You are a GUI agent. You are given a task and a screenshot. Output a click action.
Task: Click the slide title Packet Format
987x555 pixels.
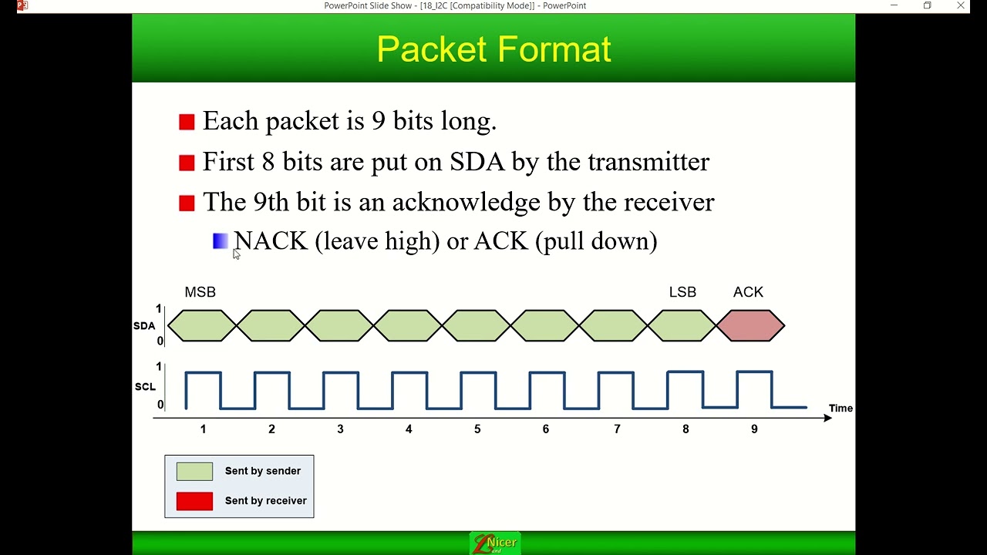pyautogui.click(x=493, y=49)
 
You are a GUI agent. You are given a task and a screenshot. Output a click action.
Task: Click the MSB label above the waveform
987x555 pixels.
pyautogui.click(x=200, y=292)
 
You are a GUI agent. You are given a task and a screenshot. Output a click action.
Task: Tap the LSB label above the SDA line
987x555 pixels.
pyautogui.click(x=682, y=292)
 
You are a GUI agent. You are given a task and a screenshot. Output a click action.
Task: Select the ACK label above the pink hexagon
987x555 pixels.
pyautogui.click(x=748, y=292)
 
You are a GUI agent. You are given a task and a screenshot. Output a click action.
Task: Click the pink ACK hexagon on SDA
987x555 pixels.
pyautogui.click(x=750, y=325)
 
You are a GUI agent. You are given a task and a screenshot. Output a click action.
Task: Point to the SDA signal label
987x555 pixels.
pyautogui.click(x=144, y=326)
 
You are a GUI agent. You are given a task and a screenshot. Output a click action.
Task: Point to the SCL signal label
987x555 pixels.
pyautogui.click(x=145, y=386)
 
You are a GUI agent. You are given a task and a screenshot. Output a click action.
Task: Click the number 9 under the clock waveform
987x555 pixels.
pyautogui.click(x=754, y=429)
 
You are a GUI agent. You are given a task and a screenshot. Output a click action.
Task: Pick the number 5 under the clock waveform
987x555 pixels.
pyautogui.click(x=477, y=429)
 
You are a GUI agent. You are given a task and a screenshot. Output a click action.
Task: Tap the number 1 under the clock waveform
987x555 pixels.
pyautogui.click(x=203, y=429)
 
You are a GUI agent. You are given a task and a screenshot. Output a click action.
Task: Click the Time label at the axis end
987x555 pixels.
pyautogui.click(x=840, y=409)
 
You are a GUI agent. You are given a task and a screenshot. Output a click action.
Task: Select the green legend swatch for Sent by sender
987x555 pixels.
pyautogui.click(x=194, y=471)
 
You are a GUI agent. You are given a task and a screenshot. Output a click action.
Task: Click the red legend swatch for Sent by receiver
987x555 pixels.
pyautogui.click(x=194, y=501)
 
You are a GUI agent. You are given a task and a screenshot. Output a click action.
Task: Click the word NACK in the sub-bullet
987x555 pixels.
pyautogui.click(x=271, y=241)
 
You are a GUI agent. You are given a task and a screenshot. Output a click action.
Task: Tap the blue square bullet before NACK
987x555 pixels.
pyautogui.click(x=220, y=241)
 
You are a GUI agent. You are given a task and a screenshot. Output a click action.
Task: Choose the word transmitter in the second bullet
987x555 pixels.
pyautogui.click(x=648, y=162)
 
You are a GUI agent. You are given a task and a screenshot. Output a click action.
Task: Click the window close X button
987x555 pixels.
pyautogui.click(x=961, y=5)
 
